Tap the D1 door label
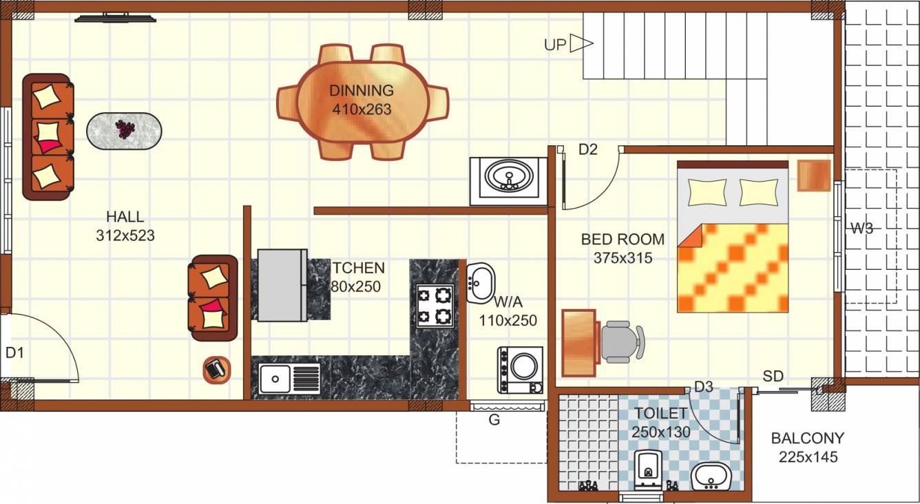(x=15, y=353)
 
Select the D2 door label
(x=587, y=149)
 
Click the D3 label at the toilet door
(x=703, y=387)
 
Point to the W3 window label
(x=861, y=229)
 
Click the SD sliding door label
(x=773, y=376)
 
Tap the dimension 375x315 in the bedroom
(x=623, y=258)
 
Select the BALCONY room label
(x=807, y=438)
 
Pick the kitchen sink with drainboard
(x=289, y=379)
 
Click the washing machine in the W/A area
(x=520, y=369)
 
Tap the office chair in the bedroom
(x=621, y=342)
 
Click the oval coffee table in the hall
(x=125, y=130)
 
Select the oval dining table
(x=362, y=101)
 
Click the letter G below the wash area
(x=494, y=419)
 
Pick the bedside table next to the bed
(x=815, y=175)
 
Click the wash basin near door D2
(x=509, y=177)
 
